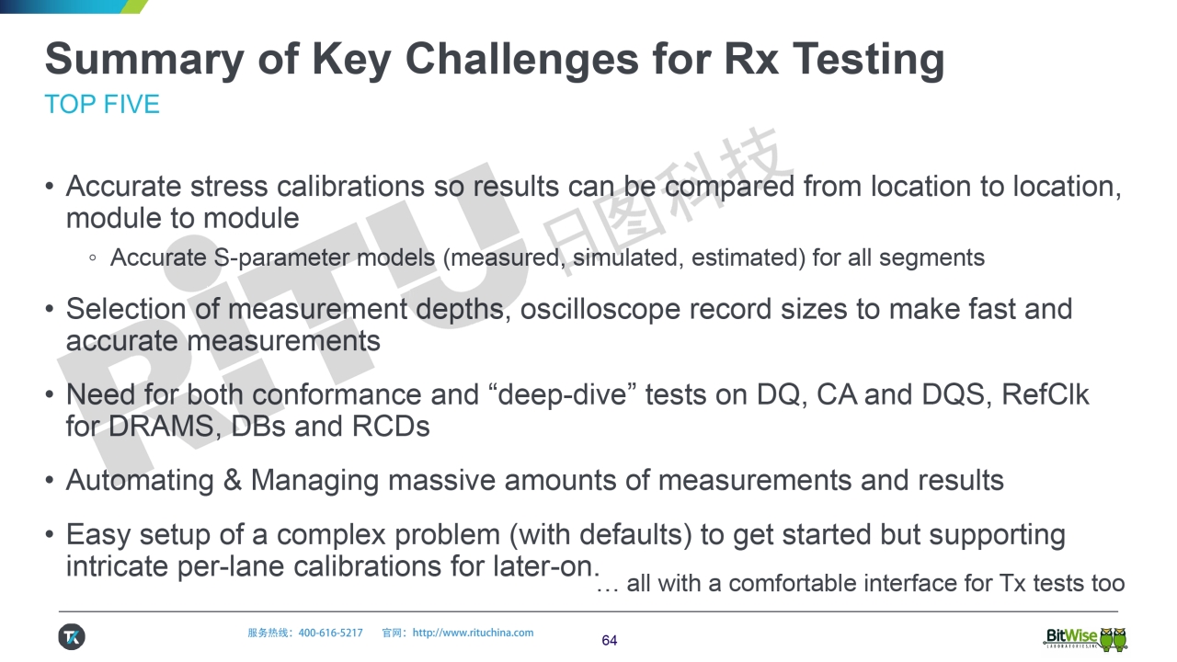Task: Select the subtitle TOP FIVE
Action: pos(102,104)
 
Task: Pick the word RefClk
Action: pos(1046,394)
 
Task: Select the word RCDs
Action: pos(391,426)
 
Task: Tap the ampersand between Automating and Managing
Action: pos(233,480)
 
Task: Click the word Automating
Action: pos(140,481)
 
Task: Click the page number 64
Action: pos(609,641)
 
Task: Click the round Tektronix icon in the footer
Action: pos(72,637)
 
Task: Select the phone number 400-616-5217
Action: pos(330,633)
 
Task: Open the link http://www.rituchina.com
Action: pos(473,633)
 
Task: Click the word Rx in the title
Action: pos(751,60)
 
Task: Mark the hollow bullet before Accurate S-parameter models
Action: pos(93,258)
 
